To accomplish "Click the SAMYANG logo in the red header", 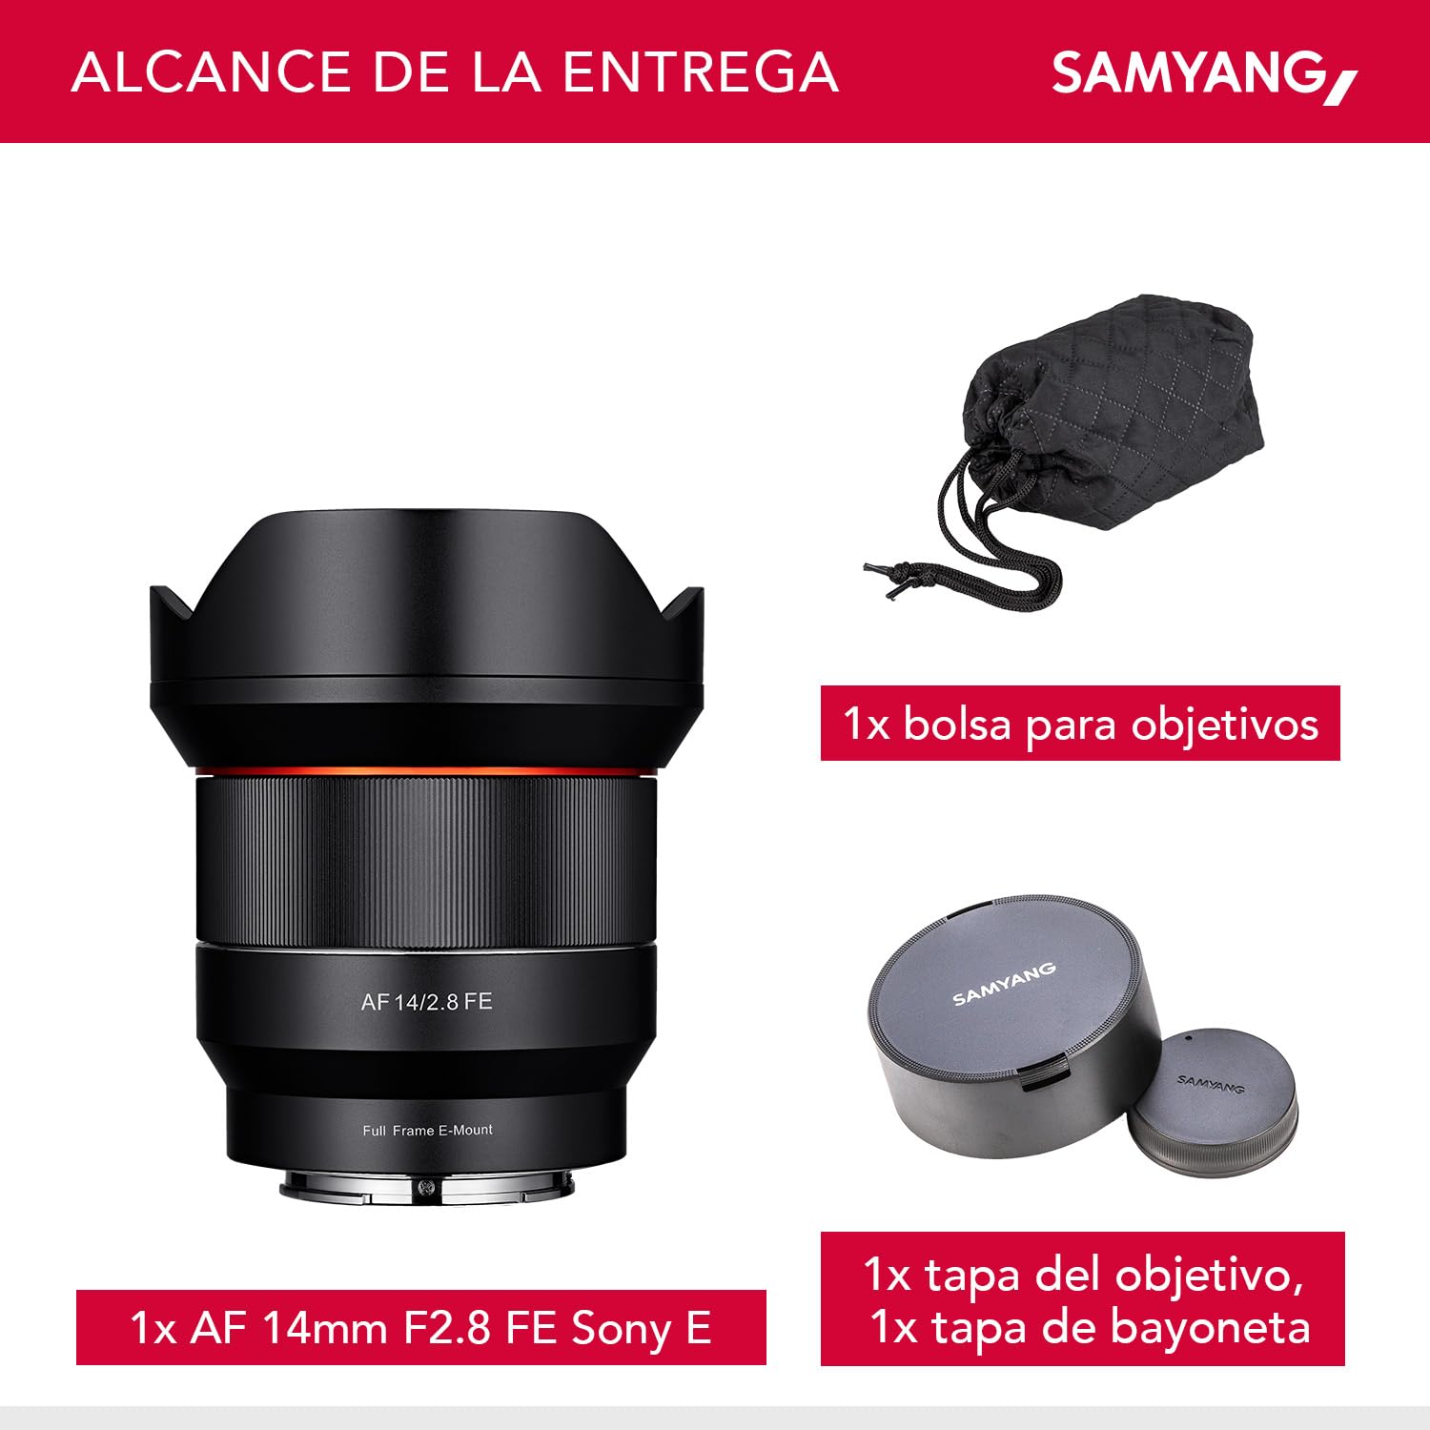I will coord(1203,74).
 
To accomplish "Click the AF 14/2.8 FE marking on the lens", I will coord(426,1002).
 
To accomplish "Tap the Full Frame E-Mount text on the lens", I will coord(427,1130).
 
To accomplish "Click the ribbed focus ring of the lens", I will coord(426,858).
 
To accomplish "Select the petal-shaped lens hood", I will coord(426,610).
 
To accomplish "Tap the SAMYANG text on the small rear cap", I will coord(1211,1084).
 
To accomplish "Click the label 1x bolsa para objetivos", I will coord(1080,724).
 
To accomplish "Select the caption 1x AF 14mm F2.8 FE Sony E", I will coord(420,1327).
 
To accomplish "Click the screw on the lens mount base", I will coord(426,1188).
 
